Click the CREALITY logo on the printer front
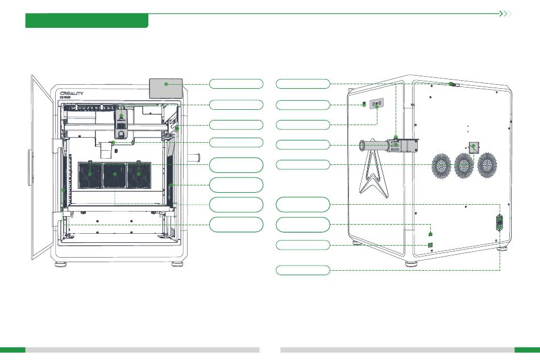(72, 93)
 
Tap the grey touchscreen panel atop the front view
(165, 89)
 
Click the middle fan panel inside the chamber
(115, 175)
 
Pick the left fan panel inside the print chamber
(90, 175)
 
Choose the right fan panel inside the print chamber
(139, 175)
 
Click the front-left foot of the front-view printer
(61, 264)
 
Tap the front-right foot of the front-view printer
(177, 264)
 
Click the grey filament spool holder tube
(374, 146)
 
